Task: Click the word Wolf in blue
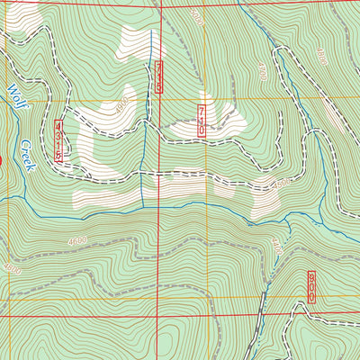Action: [x=15, y=94]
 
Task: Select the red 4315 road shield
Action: [x=59, y=141]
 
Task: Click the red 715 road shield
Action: [x=159, y=78]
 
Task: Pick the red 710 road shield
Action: [x=202, y=120]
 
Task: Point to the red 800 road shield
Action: [x=311, y=286]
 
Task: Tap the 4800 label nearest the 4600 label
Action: [x=13, y=268]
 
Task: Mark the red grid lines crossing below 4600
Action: [x=158, y=316]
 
